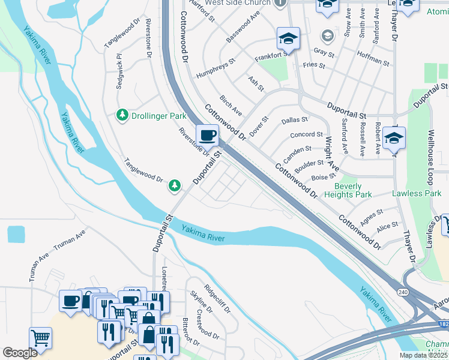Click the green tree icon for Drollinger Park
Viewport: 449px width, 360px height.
[x=122, y=114]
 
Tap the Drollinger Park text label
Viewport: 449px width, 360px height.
[x=158, y=116]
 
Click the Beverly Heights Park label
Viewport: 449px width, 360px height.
[x=348, y=190]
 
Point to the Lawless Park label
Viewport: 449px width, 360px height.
[x=416, y=193]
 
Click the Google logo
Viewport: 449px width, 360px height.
[x=20, y=353]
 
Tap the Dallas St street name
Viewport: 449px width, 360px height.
[x=294, y=121]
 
